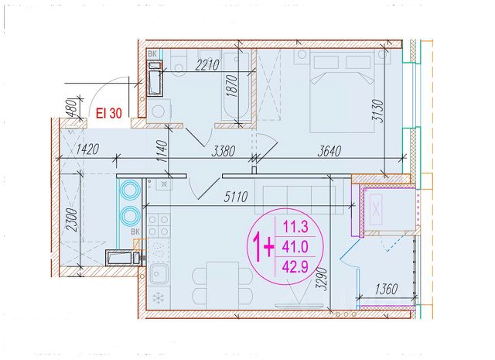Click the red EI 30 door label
[108, 113]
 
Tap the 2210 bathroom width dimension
[207, 65]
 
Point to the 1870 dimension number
[232, 86]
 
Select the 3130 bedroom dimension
[377, 111]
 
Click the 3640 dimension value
[329, 151]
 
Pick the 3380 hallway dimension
[224, 152]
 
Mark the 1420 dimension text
[88, 149]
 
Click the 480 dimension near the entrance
[73, 108]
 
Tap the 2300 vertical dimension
[71, 220]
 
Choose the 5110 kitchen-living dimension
[235, 197]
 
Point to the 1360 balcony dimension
[387, 290]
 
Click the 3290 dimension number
[322, 279]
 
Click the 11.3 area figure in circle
[295, 227]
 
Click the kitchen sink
[159, 274]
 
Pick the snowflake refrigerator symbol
[159, 298]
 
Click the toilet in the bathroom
[179, 62]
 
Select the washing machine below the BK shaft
[158, 111]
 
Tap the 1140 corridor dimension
[162, 151]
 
